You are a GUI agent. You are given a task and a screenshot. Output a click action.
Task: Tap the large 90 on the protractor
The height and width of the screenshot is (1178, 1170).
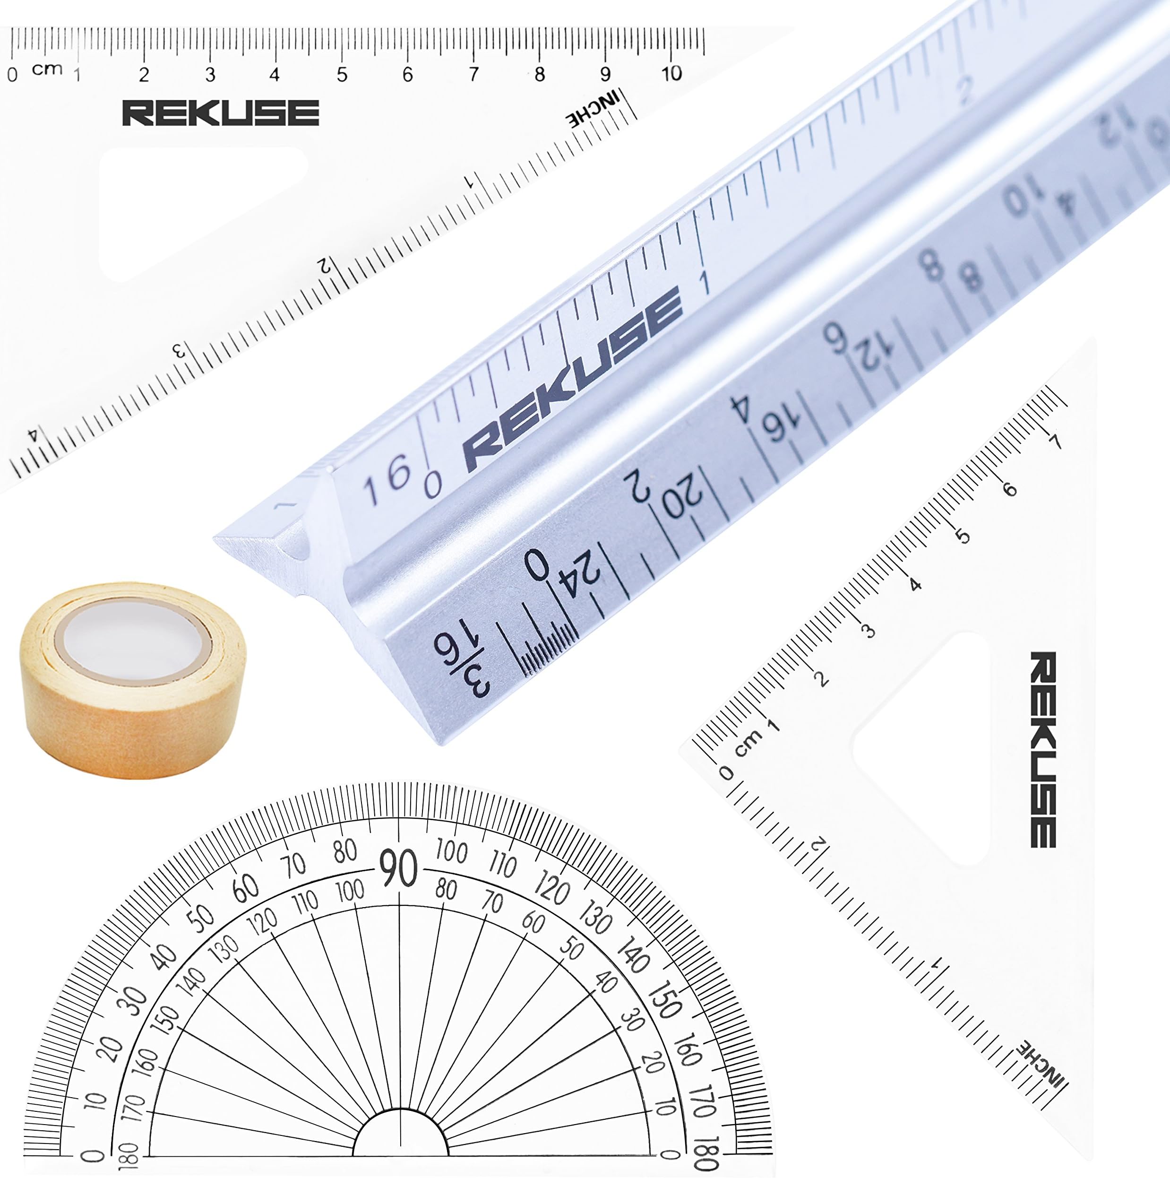(398, 868)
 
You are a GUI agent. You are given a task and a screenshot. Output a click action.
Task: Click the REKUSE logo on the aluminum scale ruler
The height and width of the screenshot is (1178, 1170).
(573, 378)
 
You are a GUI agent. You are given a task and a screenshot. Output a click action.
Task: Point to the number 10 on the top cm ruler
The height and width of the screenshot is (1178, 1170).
(671, 74)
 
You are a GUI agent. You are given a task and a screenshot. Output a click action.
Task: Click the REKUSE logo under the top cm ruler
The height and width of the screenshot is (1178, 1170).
(221, 113)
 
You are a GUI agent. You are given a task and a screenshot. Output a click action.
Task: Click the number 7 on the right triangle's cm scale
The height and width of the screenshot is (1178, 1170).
(1055, 441)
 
